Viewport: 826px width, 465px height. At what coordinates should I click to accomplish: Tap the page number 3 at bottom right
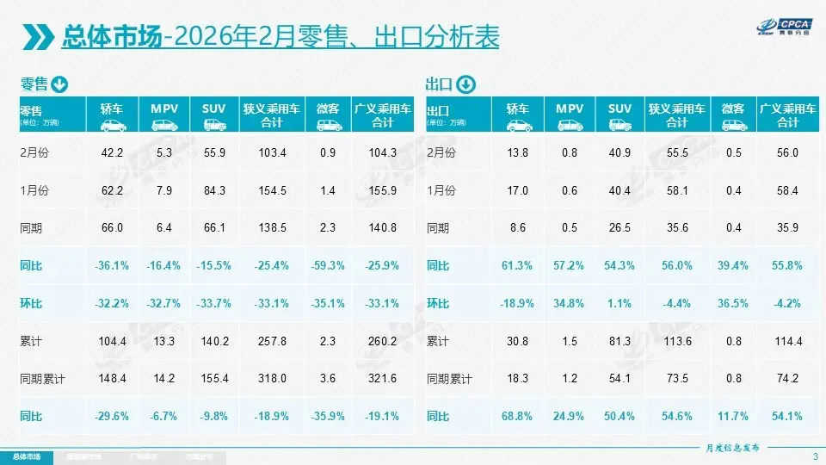[814, 456]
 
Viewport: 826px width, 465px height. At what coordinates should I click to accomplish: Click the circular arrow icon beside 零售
[59, 84]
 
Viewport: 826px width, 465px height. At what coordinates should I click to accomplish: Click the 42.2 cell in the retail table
[114, 152]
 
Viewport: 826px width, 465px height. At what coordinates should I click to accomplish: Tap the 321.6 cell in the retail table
[382, 380]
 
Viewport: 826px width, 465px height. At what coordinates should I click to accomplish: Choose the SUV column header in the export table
[619, 108]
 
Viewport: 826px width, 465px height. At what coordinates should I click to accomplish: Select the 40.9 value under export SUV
[619, 152]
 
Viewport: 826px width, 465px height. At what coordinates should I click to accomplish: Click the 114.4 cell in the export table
[787, 342]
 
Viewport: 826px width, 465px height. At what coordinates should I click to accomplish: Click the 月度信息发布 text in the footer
[732, 448]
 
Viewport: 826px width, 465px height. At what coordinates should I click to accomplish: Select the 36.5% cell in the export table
[732, 304]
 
